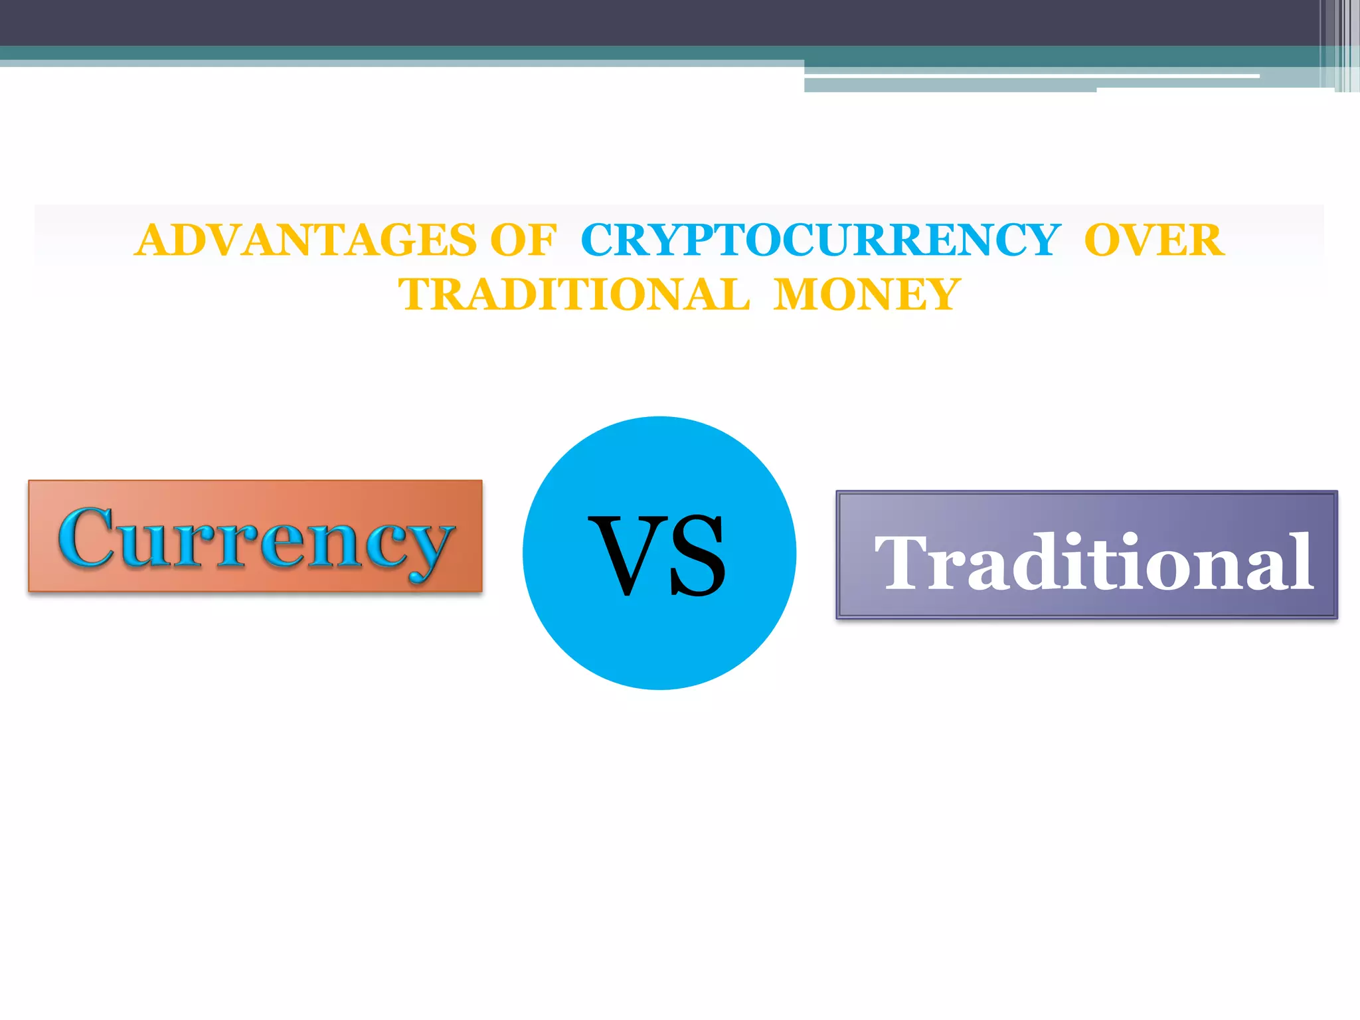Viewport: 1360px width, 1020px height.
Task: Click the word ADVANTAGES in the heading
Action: (x=305, y=240)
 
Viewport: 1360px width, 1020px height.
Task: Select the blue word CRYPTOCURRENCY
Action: (x=820, y=240)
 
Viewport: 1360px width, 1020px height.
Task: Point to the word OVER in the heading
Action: (x=1154, y=240)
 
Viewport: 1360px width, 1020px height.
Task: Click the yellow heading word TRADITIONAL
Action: (x=574, y=295)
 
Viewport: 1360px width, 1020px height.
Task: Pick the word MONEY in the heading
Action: (x=867, y=295)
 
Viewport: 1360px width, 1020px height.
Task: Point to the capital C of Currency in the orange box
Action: (x=86, y=537)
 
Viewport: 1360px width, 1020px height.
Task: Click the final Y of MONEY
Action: (x=940, y=295)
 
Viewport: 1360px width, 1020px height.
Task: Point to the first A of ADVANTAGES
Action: (x=154, y=240)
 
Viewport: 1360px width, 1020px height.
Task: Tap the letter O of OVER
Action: (x=1106, y=240)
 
